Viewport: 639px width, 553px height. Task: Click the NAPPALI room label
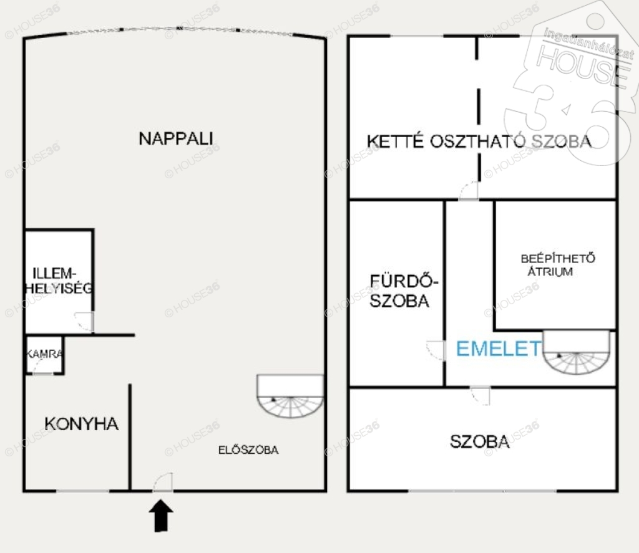click(175, 138)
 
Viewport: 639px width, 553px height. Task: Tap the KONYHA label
click(82, 424)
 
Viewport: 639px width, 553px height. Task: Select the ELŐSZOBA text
click(248, 450)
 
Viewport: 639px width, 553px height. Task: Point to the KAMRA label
click(44, 354)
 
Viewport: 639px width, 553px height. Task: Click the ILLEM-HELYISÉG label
click(58, 281)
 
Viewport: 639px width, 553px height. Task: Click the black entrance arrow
click(162, 516)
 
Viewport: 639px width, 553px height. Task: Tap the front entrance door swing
click(163, 482)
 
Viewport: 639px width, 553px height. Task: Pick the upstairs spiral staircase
click(577, 353)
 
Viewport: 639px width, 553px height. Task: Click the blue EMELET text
click(499, 349)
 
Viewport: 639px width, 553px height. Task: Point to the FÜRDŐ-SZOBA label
click(403, 291)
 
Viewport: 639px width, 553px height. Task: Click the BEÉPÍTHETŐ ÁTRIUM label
click(557, 265)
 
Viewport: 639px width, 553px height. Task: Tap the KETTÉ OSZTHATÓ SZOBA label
click(479, 142)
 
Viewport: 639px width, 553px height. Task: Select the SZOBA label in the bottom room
click(480, 441)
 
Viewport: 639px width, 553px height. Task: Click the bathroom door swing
click(435, 350)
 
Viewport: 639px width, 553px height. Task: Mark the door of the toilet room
click(84, 322)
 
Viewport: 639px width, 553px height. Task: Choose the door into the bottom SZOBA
click(480, 396)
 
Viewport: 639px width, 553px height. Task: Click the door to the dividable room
click(469, 191)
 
